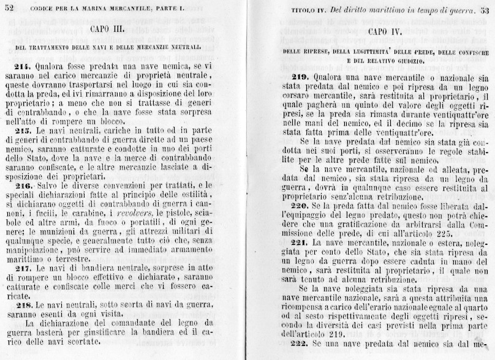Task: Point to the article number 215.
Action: tap(21, 131)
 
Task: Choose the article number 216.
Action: tap(21, 185)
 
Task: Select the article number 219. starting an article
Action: tap(302, 77)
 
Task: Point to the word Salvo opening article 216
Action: tap(50, 185)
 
